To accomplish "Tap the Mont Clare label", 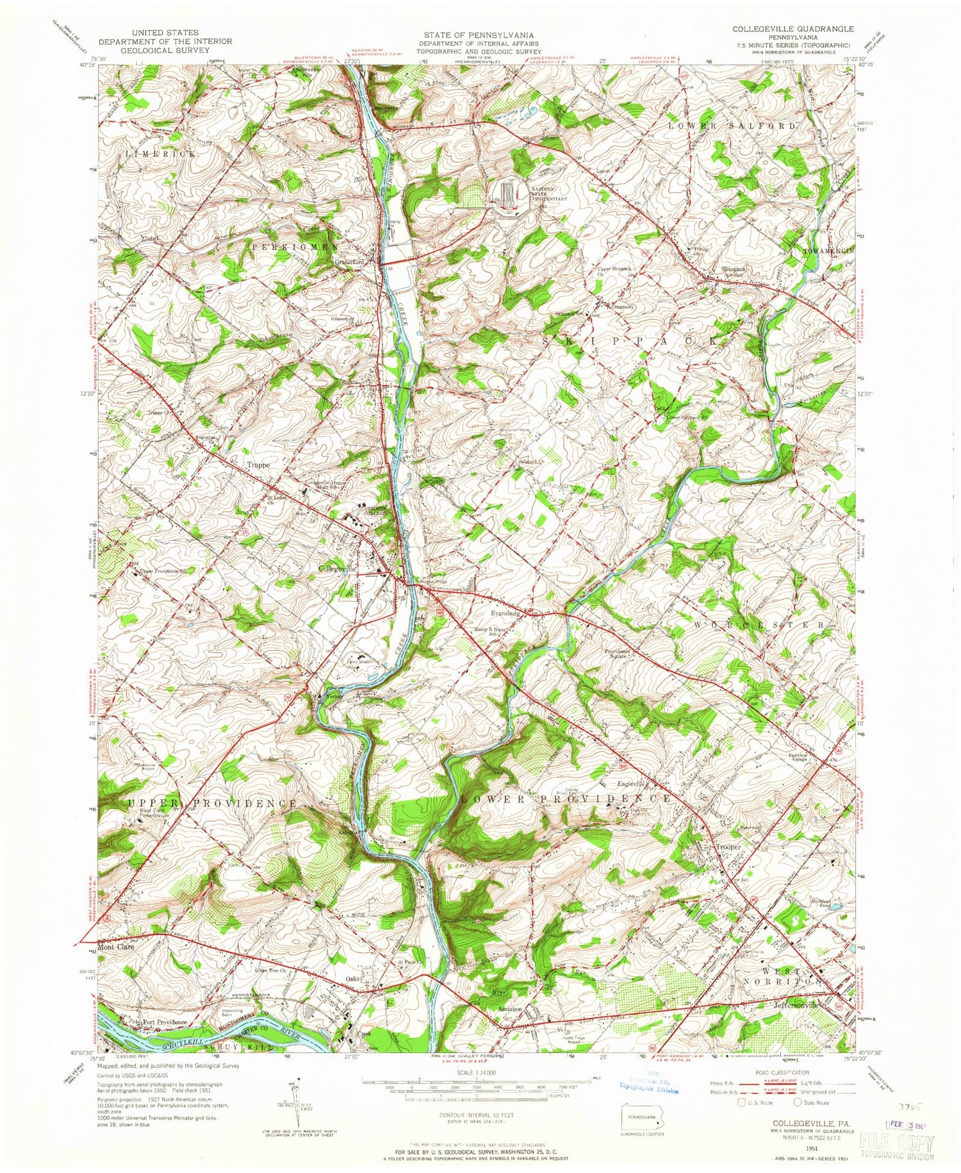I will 116,946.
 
